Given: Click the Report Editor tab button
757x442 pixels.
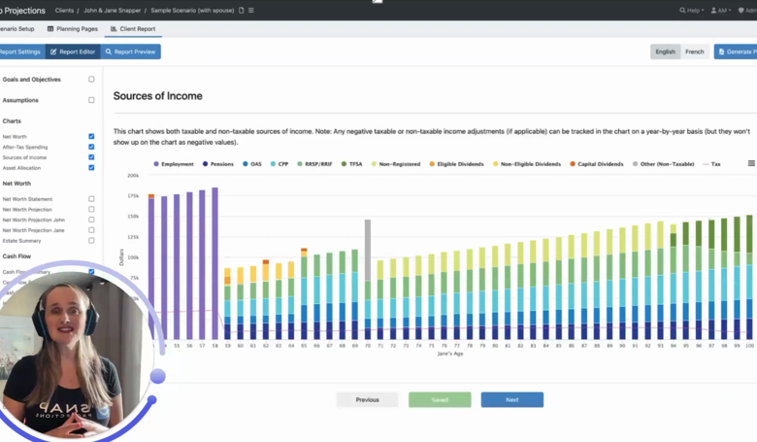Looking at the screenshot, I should click(73, 51).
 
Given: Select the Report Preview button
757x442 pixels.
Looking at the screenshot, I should click(131, 51).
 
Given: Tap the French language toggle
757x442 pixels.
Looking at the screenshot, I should click(694, 51).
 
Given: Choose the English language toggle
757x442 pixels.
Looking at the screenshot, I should click(665, 51).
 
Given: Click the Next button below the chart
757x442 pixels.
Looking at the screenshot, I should click(511, 399).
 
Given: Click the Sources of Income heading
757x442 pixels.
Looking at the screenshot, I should click(158, 96).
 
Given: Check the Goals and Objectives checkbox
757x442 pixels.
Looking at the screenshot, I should click(91, 80).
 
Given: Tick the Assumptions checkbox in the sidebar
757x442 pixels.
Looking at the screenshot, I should click(91, 100).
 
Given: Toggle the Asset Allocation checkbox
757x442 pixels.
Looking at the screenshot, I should click(91, 168).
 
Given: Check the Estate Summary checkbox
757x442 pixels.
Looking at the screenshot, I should click(91, 240).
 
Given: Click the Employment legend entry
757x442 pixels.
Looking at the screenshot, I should click(174, 164).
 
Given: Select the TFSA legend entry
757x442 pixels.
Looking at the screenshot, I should click(352, 164).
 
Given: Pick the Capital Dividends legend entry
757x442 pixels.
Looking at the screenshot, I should click(598, 164).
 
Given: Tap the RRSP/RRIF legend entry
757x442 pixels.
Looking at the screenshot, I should click(314, 164).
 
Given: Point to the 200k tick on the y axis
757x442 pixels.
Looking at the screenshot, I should click(133, 176).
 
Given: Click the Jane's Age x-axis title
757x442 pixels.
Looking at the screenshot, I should click(451, 354).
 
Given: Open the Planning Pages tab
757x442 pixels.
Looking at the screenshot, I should click(73, 29).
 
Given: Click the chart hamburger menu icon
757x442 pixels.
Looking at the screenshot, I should click(751, 163).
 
